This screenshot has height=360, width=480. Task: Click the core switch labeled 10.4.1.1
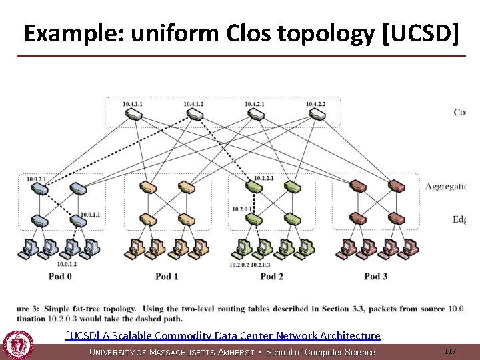pos(133,115)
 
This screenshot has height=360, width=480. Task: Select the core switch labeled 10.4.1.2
pos(194,115)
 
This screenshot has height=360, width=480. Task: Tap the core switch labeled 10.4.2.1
pos(255,115)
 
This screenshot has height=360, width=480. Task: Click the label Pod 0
pos(60,276)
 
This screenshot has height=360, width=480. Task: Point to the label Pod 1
pos(167,276)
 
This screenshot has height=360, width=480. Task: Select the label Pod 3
pos(376,276)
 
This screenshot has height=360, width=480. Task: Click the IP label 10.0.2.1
pos(36,179)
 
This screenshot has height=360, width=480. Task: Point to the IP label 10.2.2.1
pos(264,179)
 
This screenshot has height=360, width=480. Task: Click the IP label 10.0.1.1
pos(90,214)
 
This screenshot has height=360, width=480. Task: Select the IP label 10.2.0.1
pos(242,209)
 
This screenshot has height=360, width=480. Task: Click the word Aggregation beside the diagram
pos(445,186)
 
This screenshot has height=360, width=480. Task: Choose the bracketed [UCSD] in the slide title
pos(421,34)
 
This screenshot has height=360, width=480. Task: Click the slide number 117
pos(450,351)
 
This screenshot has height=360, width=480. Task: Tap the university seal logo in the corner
pos(17,345)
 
